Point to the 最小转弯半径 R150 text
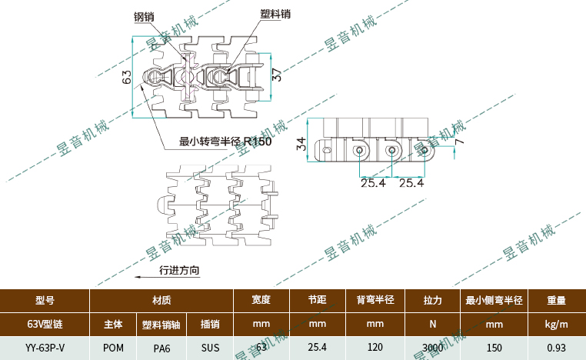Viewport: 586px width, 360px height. tap(225, 141)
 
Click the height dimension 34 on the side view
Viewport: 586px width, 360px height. tap(301, 143)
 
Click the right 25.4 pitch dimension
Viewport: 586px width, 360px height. tap(411, 183)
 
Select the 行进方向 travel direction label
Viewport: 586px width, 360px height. tap(179, 270)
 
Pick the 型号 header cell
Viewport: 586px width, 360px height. tap(45, 300)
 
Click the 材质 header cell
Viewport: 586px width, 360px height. tap(161, 300)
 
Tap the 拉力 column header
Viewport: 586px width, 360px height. tap(433, 300)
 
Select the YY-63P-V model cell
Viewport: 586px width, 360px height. tap(45, 348)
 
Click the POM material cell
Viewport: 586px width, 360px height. tap(113, 348)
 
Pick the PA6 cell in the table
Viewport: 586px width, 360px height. tap(161, 348)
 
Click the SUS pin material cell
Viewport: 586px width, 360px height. tap(210, 348)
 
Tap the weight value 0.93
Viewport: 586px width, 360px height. tap(557, 348)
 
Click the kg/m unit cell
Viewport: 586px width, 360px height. tap(557, 324)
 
